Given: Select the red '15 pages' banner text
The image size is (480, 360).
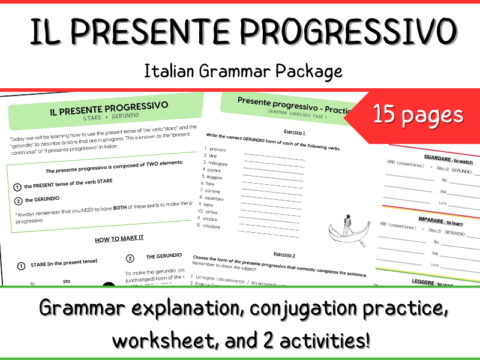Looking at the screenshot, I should pyautogui.click(x=418, y=114).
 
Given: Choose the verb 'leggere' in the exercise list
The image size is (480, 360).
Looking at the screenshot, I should pyautogui.click(x=214, y=177).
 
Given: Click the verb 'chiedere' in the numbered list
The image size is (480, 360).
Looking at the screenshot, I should pyautogui.click(x=216, y=227).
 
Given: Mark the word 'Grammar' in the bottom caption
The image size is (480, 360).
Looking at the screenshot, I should pyautogui.click(x=82, y=308).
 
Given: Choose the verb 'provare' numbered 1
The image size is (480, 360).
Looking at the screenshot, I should pyautogui.click(x=218, y=148).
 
